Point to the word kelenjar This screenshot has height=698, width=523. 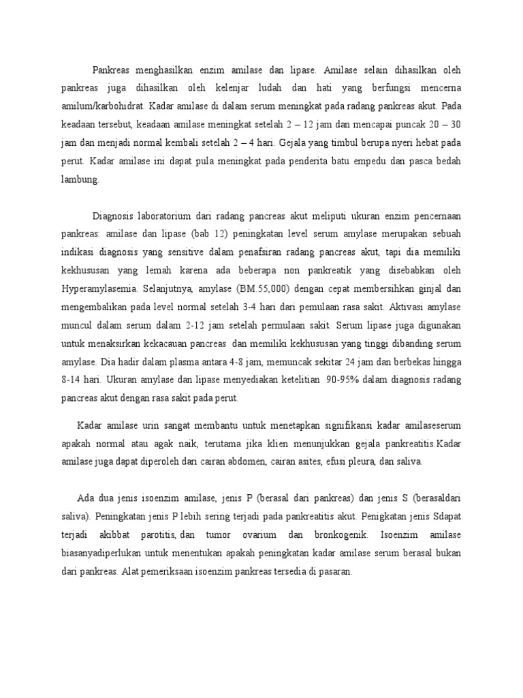tap(218, 89)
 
